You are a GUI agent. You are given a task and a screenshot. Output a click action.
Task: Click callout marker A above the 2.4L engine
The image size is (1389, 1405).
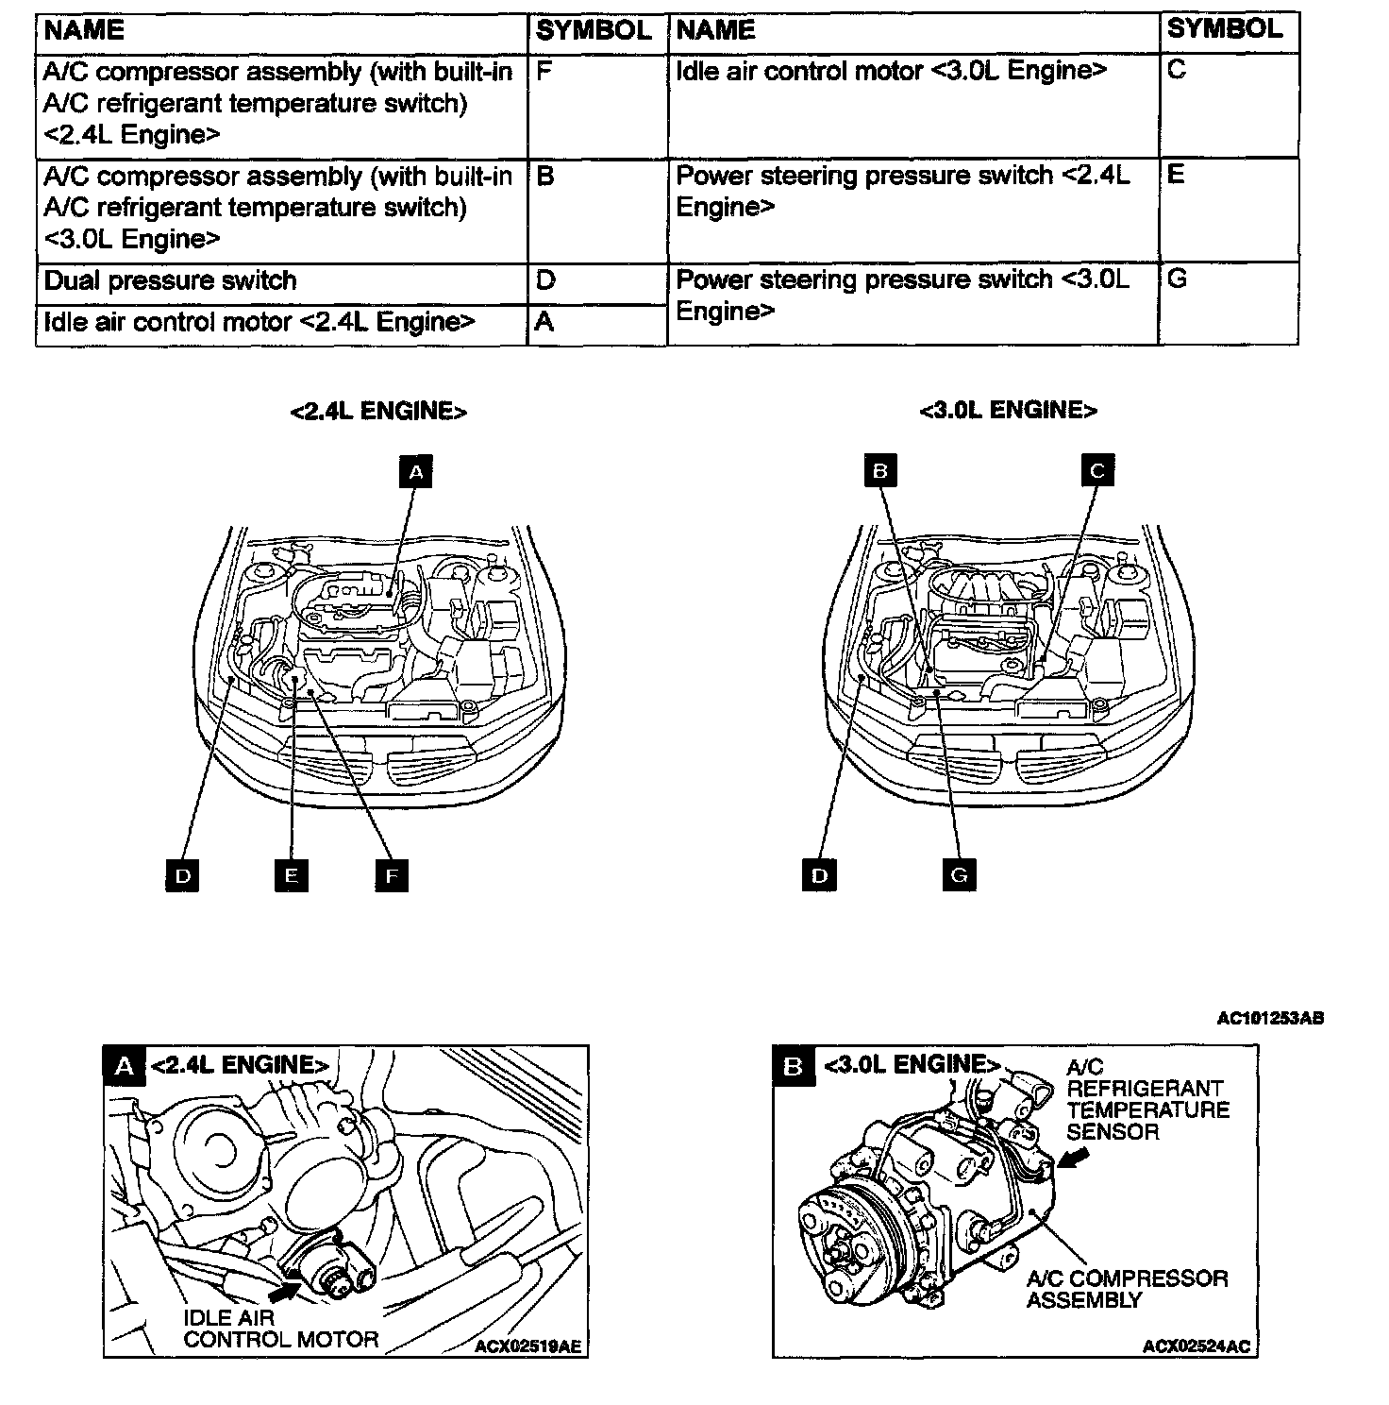click(x=416, y=471)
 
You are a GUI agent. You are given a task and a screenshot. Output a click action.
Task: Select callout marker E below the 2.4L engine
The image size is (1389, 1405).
click(x=291, y=875)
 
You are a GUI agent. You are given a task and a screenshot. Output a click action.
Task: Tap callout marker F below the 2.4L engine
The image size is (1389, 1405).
click(x=391, y=875)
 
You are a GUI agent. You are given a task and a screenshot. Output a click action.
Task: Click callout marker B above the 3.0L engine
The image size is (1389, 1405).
click(x=880, y=470)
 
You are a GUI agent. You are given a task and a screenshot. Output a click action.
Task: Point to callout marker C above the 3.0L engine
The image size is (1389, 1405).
click(x=1096, y=470)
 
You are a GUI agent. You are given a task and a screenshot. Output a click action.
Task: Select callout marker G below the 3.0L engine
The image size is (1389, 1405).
click(x=959, y=874)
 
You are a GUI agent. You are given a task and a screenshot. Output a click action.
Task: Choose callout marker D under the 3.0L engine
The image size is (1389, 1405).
click(x=819, y=875)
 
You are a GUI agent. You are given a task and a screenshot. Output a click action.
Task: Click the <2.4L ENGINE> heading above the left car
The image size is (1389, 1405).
click(x=378, y=412)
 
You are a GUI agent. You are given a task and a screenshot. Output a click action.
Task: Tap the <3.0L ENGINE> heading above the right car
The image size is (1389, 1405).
click(x=1009, y=411)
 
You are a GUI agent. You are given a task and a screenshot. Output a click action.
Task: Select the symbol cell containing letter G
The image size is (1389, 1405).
click(x=1227, y=302)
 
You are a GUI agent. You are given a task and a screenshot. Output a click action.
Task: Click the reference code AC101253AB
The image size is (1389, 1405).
click(x=1270, y=1018)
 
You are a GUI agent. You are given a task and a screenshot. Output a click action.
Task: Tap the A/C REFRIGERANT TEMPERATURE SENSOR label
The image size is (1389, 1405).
click(x=1147, y=1099)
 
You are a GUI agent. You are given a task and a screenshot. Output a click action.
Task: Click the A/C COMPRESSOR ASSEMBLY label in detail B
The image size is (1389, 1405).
click(x=1127, y=1289)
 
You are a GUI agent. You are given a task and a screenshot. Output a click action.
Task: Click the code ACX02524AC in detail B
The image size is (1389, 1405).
click(x=1196, y=1346)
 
